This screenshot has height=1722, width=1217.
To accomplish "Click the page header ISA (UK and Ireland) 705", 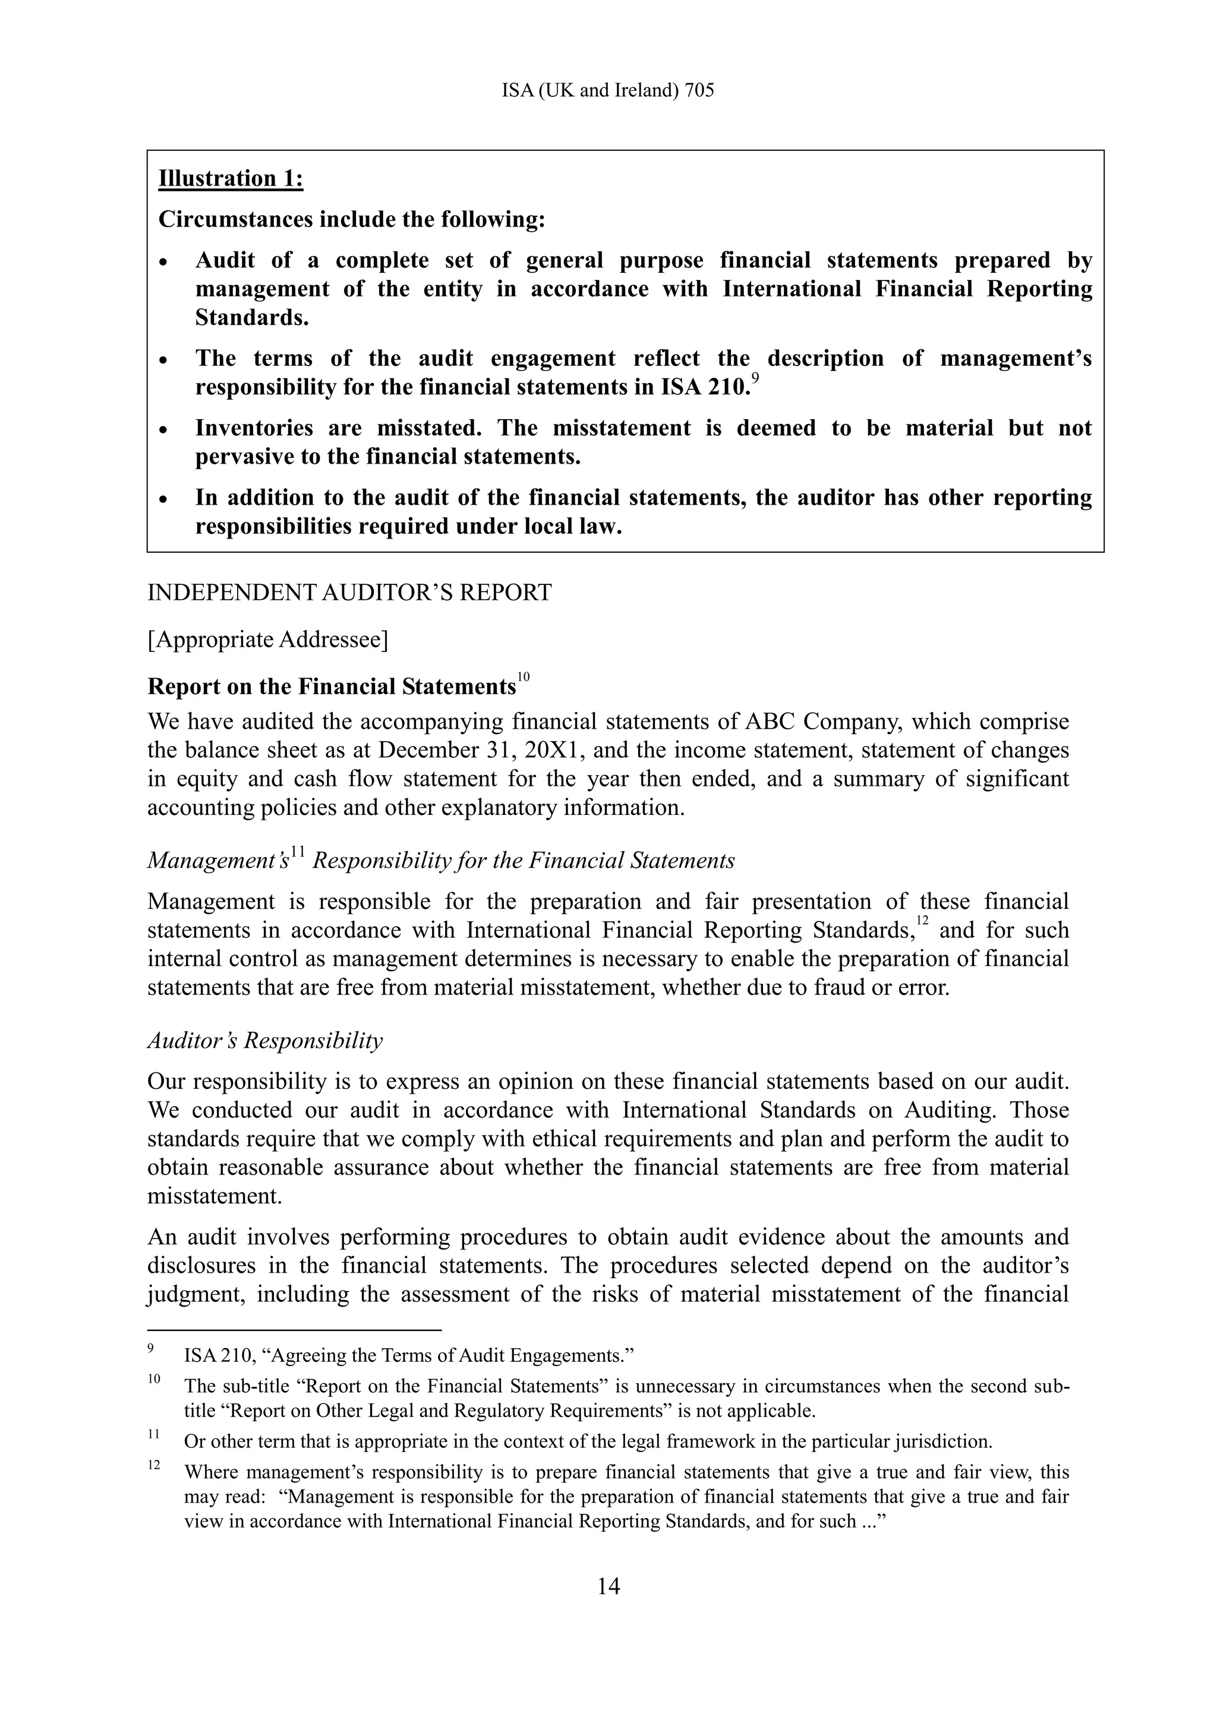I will [607, 91].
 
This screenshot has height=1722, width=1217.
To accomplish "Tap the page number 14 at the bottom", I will [608, 1586].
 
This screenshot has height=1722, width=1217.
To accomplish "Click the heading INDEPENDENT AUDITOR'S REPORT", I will [349, 593].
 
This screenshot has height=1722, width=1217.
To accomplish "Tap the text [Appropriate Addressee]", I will [267, 640].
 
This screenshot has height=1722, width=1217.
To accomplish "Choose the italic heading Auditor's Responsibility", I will [264, 1041].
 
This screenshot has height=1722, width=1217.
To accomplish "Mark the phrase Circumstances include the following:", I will [352, 220].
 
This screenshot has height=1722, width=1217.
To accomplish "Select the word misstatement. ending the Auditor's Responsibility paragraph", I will [215, 1197].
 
